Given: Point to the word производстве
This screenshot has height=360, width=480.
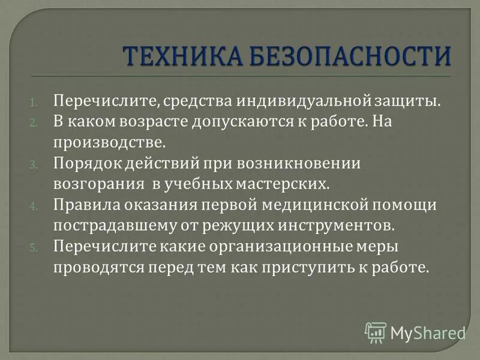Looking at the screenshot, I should [108, 143].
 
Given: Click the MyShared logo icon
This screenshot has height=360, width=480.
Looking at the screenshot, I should [376, 332].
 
